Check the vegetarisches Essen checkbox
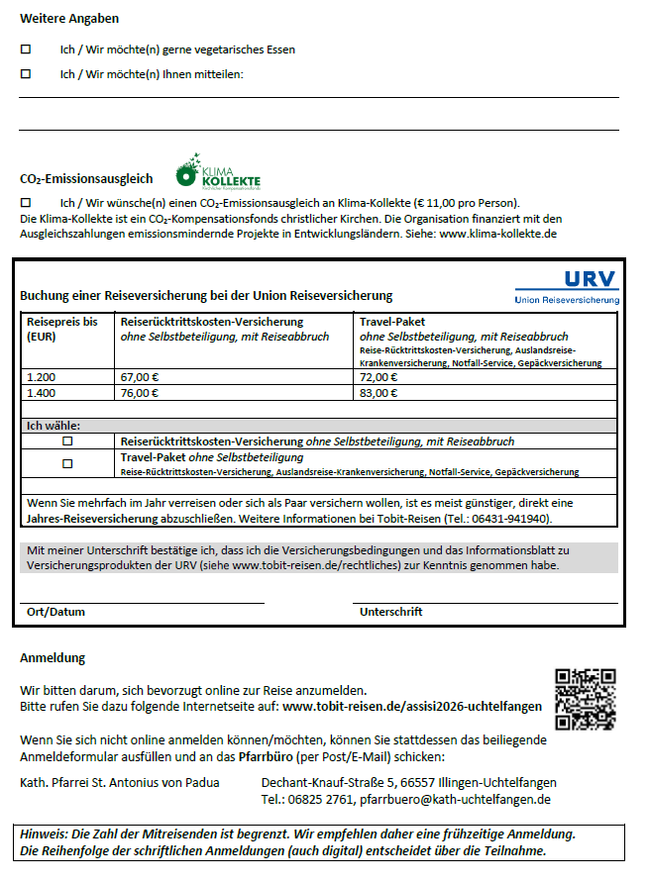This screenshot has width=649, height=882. click(26, 49)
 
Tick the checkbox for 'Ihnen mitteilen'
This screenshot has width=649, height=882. click(26, 73)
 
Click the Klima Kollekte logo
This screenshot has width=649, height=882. click(218, 172)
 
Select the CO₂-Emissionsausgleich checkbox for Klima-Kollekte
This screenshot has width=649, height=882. click(26, 202)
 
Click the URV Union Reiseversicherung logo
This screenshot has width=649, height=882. click(567, 286)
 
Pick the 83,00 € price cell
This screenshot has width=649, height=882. click(379, 393)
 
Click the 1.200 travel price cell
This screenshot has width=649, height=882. click(43, 377)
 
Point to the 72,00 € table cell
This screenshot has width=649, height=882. click(379, 377)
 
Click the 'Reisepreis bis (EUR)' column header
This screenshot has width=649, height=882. click(61, 329)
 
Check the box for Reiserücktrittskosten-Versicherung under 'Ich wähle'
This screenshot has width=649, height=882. click(68, 441)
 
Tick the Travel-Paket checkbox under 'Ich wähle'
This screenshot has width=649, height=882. click(68, 463)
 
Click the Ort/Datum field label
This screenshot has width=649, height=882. click(55, 612)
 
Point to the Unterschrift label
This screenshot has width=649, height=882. click(392, 612)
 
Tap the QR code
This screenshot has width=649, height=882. click(585, 700)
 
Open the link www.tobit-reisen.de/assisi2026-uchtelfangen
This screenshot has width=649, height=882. click(412, 707)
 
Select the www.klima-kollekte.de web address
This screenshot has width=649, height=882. click(497, 234)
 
